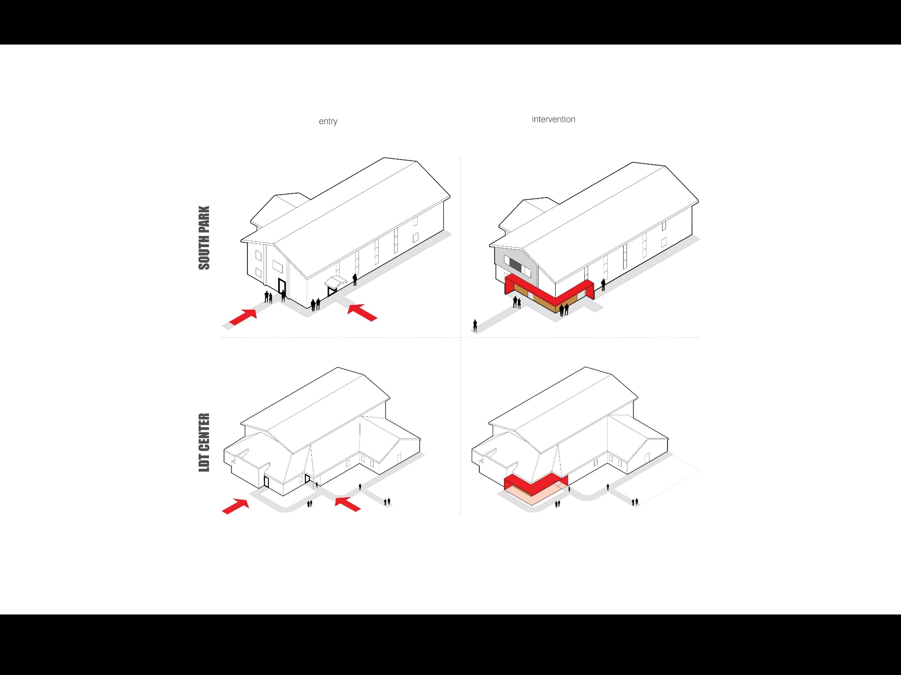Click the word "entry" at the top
(328, 121)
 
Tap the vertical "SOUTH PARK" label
(204, 238)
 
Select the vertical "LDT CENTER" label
(204, 442)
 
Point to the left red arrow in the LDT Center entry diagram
(235, 506)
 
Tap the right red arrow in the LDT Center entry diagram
(347, 504)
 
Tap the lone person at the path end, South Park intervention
(475, 326)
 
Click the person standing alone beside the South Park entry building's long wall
(355, 279)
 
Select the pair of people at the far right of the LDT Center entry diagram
(387, 502)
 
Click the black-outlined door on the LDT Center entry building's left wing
(266, 481)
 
